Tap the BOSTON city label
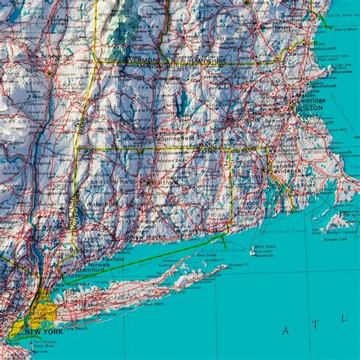coord(302,108)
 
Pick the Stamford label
coord(90,269)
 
